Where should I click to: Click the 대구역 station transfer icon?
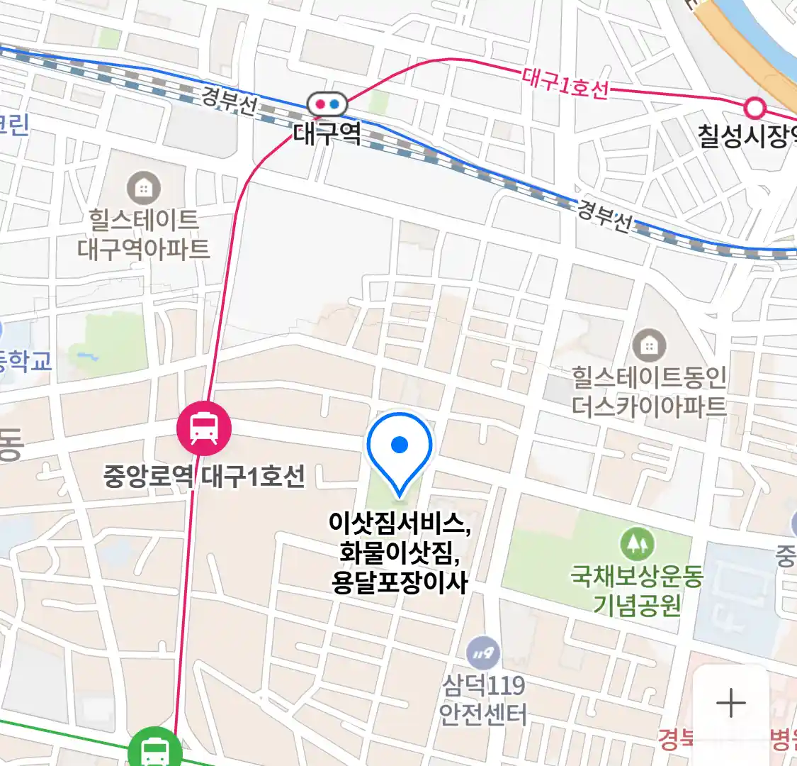(x=327, y=104)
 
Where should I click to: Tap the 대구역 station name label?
(x=327, y=133)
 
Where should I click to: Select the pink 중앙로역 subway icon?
(x=204, y=428)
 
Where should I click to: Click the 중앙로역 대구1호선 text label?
(x=204, y=475)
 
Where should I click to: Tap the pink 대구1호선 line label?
(x=565, y=84)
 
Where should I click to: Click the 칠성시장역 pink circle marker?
(x=756, y=108)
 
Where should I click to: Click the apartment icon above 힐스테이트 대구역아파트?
(x=143, y=189)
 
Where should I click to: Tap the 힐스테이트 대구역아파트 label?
(x=143, y=234)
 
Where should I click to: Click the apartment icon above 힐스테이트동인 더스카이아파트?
(x=648, y=346)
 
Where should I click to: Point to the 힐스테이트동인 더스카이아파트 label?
(x=649, y=392)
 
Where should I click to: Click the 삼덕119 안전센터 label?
(x=484, y=699)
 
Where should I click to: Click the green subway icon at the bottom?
(x=154, y=748)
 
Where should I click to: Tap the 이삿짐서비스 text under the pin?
(x=400, y=523)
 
